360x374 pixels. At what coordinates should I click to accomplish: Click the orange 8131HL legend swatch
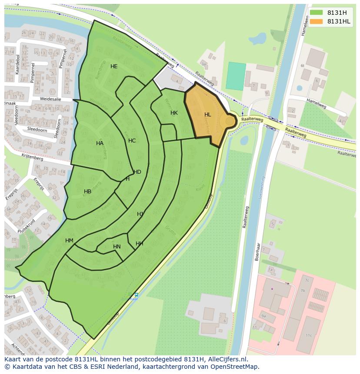click(x=317, y=21)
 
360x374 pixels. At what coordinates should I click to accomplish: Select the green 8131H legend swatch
click(x=317, y=13)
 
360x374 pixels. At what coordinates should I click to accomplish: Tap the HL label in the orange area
click(x=208, y=115)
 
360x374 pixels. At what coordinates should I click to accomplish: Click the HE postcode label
click(x=114, y=66)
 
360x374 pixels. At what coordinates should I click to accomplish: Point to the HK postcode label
click(x=174, y=113)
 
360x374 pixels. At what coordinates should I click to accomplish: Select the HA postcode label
click(x=100, y=143)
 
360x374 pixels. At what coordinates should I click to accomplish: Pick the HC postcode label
click(x=132, y=141)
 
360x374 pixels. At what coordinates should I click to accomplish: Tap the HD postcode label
click(x=137, y=172)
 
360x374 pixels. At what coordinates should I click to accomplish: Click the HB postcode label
click(x=87, y=192)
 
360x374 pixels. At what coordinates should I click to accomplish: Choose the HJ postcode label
click(x=140, y=214)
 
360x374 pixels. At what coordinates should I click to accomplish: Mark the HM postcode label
click(x=69, y=241)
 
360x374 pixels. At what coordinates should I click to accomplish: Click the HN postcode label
click(x=117, y=247)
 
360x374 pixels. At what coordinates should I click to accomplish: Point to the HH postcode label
click(x=139, y=244)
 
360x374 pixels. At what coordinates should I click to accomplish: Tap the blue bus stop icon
click(x=136, y=295)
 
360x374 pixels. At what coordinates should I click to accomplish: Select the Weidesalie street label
click(x=50, y=99)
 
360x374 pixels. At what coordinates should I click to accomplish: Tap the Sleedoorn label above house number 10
click(x=37, y=129)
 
